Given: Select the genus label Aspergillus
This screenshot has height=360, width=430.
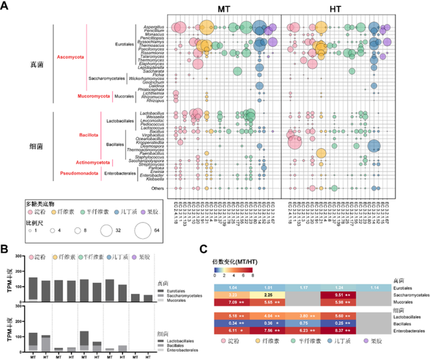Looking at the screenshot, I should (x=153, y=27).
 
